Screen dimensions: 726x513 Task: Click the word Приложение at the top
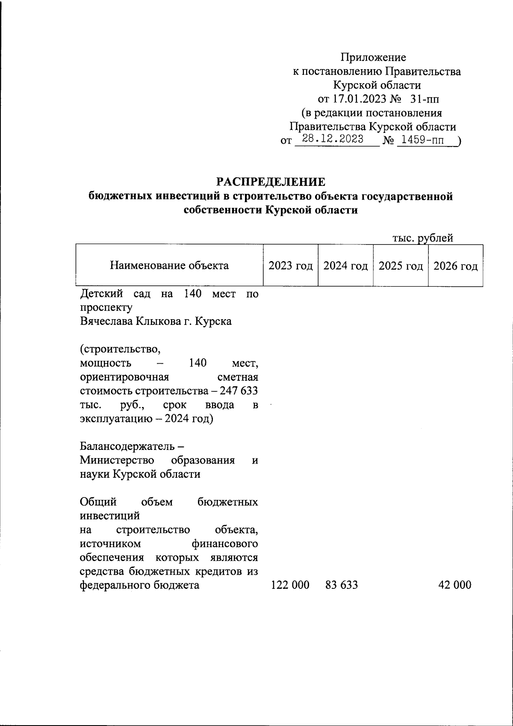[373, 57]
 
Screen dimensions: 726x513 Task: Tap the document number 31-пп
[425, 99]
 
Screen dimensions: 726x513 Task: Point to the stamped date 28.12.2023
[333, 139]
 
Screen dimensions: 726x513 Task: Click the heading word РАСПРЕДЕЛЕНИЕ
[270, 182]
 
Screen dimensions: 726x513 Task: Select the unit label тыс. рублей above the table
[423, 238]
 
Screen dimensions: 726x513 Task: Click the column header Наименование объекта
[169, 266]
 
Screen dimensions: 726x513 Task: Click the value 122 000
[290, 585]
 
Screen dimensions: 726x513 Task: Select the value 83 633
[342, 585]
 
